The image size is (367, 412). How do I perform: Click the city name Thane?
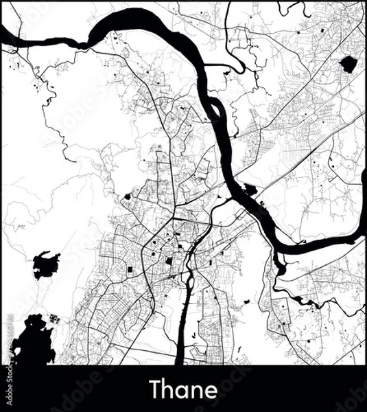point(183,389)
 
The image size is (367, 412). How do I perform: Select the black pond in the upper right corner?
point(348,64)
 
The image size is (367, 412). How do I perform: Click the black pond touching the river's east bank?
point(250,190)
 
